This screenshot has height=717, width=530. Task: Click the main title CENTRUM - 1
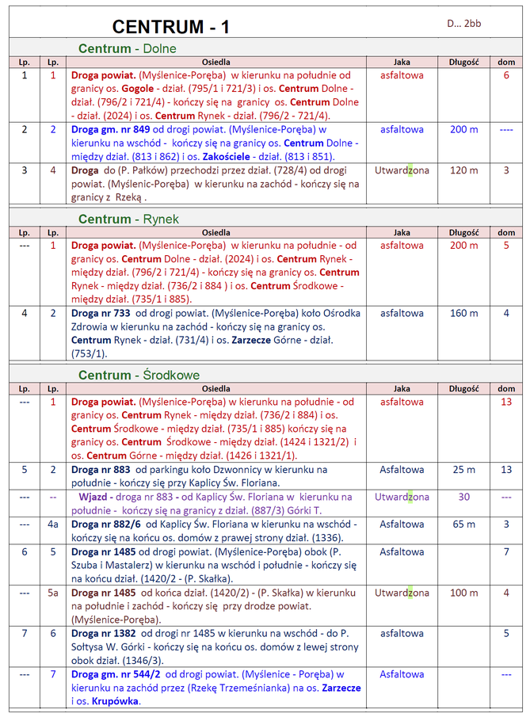coord(171,26)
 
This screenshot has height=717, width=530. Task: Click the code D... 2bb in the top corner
coord(463,24)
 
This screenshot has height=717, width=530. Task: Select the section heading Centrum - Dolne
coord(128,49)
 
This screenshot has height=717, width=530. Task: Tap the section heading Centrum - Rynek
coord(128,219)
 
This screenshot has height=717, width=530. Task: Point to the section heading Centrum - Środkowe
coord(139,375)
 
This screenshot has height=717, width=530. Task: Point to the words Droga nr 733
coord(101,313)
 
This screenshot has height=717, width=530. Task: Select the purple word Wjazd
coord(93,497)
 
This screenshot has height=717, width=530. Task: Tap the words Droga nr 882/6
coord(105,524)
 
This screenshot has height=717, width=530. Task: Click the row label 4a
coord(53,524)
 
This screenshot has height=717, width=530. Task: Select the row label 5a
coord(53,593)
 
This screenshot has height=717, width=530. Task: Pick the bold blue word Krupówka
coord(116,701)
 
